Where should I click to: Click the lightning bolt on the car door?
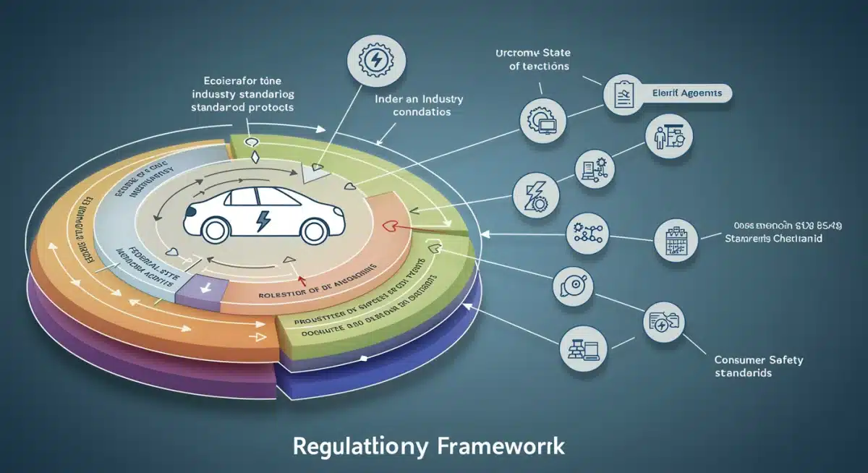click(x=263, y=218)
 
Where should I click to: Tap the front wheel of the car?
click(x=214, y=230)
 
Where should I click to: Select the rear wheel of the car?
click(x=312, y=230)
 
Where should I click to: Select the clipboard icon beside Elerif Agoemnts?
click(x=623, y=94)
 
